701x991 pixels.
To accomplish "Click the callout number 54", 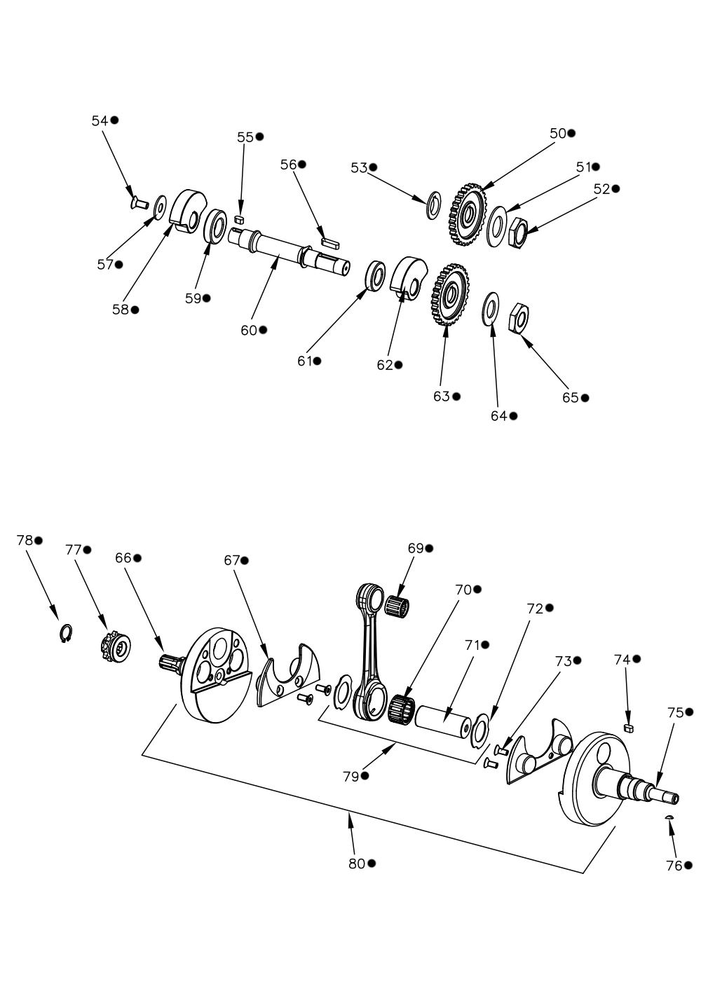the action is click(x=100, y=120).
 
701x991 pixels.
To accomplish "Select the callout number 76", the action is click(x=674, y=866).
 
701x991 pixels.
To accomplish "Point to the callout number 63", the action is click(x=442, y=396).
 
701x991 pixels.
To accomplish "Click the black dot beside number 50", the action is click(x=571, y=133).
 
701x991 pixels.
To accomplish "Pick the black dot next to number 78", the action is click(x=39, y=540).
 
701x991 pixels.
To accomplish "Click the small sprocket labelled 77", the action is click(x=114, y=650).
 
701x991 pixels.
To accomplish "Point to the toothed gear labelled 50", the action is click(x=468, y=214).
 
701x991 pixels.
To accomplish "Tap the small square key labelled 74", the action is click(x=629, y=728).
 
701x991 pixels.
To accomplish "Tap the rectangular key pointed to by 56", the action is click(x=330, y=242).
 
